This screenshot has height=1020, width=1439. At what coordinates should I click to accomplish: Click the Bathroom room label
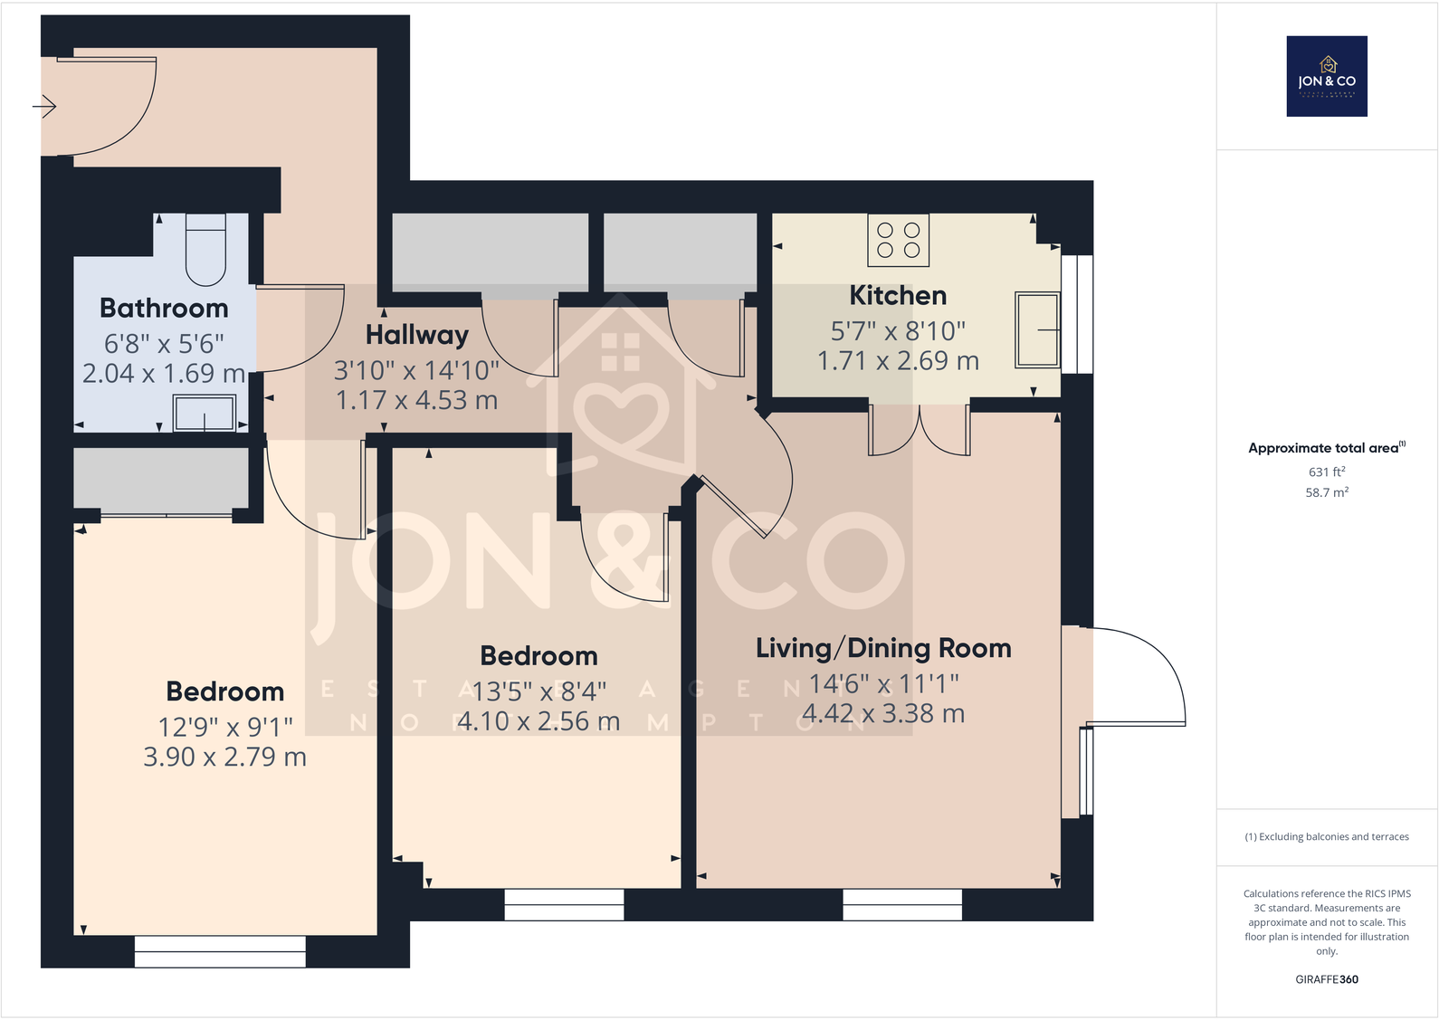click(164, 309)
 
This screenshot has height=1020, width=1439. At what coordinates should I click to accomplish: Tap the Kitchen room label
click(898, 296)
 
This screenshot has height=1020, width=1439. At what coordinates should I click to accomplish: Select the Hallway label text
click(416, 335)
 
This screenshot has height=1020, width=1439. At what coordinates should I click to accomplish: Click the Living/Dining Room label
click(883, 648)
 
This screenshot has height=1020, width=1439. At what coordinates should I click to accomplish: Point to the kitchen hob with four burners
click(898, 240)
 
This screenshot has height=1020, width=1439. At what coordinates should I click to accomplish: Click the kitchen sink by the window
click(1037, 329)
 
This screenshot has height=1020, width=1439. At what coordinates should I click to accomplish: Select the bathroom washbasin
click(205, 414)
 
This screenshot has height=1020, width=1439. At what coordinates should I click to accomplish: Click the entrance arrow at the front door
click(44, 107)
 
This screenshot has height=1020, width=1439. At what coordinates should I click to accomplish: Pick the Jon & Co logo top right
click(1326, 76)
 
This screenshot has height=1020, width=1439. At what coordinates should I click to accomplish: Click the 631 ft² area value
click(1326, 472)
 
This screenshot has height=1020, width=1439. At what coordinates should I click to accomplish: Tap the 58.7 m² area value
click(1326, 492)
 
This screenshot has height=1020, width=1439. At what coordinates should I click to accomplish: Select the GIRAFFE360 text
click(1326, 979)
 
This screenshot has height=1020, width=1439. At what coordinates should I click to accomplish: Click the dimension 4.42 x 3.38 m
click(883, 714)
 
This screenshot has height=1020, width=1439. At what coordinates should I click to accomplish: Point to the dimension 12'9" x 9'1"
click(225, 727)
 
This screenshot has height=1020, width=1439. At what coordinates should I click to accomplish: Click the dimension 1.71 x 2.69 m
click(898, 361)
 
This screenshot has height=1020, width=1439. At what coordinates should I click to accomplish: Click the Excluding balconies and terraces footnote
click(1326, 836)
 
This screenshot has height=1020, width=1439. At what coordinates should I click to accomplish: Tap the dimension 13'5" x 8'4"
click(538, 691)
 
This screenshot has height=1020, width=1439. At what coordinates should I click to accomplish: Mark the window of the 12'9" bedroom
click(220, 951)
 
